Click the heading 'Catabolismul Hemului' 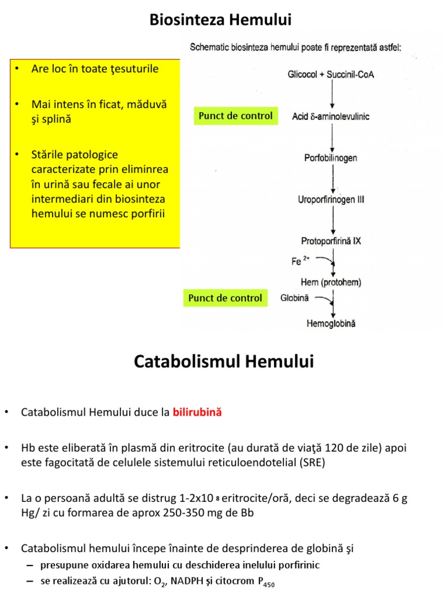pos(224,362)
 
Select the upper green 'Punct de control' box pos(235,116)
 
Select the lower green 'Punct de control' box pos(225,298)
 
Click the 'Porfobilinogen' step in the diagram pos(331,157)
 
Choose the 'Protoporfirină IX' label pos(331,241)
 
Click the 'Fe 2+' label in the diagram pos(297,261)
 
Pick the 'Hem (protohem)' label pos(331,282)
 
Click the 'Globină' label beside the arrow pos(295,298)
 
